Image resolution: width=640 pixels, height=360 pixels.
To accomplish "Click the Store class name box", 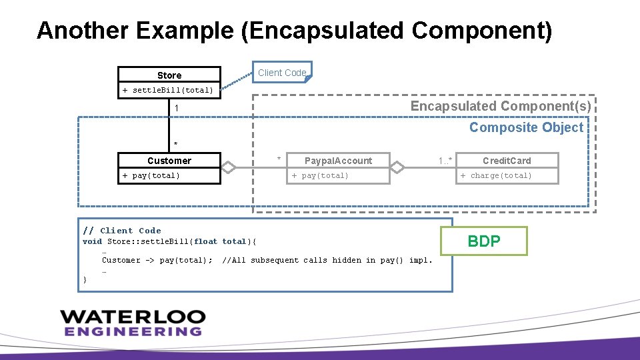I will click(169, 75).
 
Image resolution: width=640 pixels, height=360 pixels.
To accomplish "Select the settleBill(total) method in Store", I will click(169, 90).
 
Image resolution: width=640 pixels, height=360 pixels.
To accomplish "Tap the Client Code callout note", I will click(282, 73).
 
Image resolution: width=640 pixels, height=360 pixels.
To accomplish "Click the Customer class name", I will click(169, 161).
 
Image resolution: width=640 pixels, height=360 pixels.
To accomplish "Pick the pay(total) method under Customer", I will click(151, 176).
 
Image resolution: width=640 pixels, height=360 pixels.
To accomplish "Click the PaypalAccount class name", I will click(338, 161).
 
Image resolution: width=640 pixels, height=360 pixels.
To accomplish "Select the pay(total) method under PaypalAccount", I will click(320, 176).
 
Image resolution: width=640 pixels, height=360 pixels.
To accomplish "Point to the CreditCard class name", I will click(507, 161).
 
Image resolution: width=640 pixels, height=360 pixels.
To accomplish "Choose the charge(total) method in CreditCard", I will click(496, 176).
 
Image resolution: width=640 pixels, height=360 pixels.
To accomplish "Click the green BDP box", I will click(484, 241).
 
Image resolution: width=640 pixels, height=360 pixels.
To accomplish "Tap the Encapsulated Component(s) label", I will click(500, 107).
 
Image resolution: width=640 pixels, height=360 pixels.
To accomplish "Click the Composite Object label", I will click(526, 127).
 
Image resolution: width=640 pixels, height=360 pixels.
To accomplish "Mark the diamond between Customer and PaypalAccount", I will click(229, 167).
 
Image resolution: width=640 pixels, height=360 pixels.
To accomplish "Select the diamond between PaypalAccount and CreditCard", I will click(398, 167).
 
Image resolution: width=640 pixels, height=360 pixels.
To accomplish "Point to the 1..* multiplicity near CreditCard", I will click(445, 160).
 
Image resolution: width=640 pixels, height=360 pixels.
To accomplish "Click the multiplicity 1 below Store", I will click(176, 108).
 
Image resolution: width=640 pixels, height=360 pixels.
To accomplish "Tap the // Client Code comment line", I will click(122, 231).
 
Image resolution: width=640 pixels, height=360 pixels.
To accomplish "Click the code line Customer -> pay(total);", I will click(157, 260).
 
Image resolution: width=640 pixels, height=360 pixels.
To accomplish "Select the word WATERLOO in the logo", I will click(132, 317).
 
